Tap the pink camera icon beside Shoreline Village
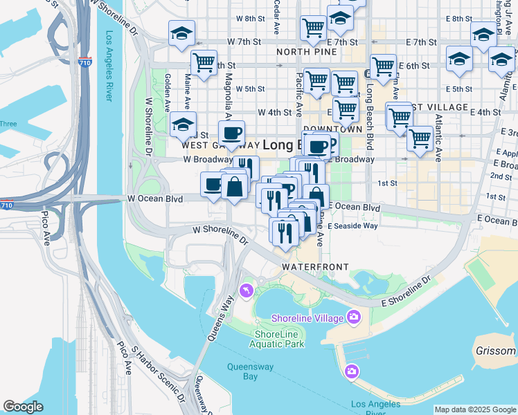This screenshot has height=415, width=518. coord(355,317)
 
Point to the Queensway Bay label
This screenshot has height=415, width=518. coord(253,371)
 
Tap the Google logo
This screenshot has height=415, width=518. coord(23,407)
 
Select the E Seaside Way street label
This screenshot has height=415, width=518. coord(353,226)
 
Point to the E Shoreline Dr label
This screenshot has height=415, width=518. coord(406,290)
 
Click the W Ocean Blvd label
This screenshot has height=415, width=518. coord(155,199)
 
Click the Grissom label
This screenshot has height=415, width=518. coord(496,351)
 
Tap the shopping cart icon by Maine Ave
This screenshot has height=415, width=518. coord(204,64)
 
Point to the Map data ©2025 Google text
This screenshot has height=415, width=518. coord(474,409)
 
